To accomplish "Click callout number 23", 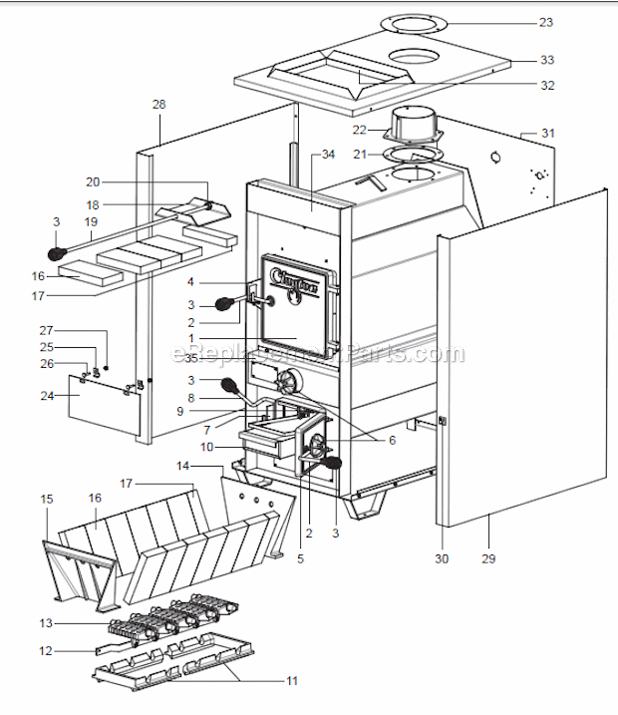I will point(545,21).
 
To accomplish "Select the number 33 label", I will point(546,60).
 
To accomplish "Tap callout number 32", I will point(546,85).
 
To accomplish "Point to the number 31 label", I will point(547,133).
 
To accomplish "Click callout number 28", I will point(159,104).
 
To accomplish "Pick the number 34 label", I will point(330,155).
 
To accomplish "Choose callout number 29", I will point(488,559).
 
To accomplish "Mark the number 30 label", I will point(442,559).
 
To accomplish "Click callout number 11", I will point(291,681).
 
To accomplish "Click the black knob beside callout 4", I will point(226,303).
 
